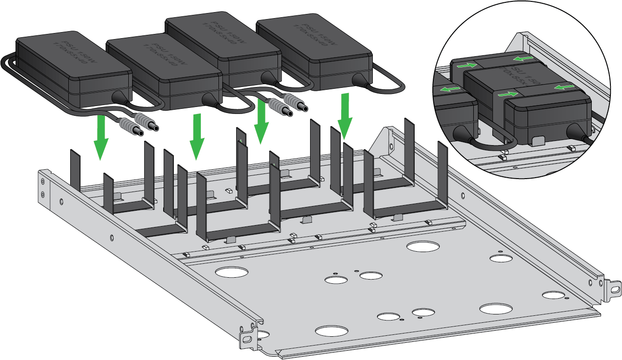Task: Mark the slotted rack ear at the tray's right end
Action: click(x=615, y=289)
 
